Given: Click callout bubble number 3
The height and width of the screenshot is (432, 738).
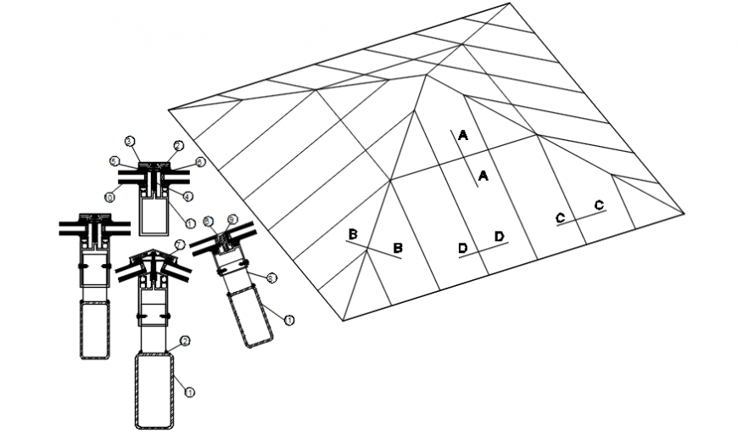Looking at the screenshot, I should (x=130, y=140).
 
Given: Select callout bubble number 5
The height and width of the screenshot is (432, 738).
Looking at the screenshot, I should (x=113, y=160).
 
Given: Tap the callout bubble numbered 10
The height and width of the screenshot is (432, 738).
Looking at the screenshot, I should (x=109, y=197).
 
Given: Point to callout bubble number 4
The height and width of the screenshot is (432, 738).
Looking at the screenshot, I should (x=188, y=197).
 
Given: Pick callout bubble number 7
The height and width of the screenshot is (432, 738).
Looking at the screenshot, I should (x=179, y=244).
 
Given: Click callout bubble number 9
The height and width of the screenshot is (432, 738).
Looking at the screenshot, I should (x=232, y=219).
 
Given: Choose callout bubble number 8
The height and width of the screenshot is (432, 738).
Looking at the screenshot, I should (x=271, y=277).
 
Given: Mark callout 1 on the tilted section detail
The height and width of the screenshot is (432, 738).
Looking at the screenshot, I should (x=289, y=320).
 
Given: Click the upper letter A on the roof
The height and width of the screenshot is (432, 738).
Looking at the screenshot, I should (x=462, y=135).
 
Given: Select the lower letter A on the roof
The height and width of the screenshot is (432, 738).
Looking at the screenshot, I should (x=483, y=176).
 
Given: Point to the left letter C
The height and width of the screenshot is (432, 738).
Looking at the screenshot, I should (x=560, y=219).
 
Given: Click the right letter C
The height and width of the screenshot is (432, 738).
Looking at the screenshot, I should (x=599, y=205).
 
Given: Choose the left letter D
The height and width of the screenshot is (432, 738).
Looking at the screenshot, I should (x=462, y=248).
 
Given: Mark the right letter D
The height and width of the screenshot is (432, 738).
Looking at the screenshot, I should (x=500, y=235).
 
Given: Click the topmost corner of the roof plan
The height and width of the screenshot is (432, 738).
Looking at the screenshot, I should (x=512, y=4).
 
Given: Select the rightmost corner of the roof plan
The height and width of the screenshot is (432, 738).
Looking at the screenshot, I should (x=685, y=213).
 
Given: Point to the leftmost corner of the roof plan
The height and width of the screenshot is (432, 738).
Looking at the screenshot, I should (x=168, y=109).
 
